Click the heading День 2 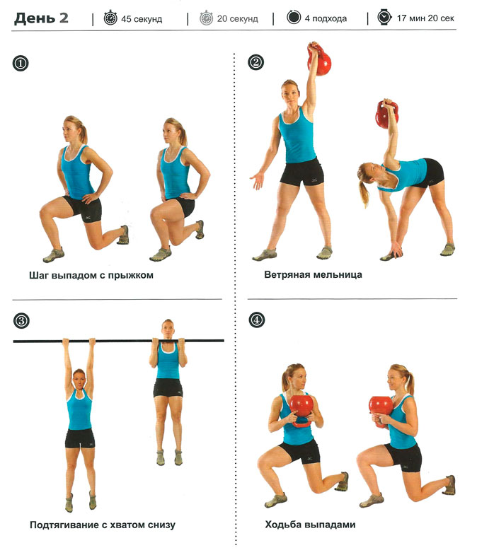41,18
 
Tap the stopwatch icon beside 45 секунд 110,18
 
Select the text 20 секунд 237,18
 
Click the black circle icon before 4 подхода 294,17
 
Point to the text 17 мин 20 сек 425,18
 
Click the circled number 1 21,64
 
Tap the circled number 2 256,62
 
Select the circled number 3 21,321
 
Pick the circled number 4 257,320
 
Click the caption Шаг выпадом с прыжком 91,275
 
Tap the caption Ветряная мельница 313,274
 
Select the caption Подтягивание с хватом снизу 103,525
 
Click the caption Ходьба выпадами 310,524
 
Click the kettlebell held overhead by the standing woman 319,59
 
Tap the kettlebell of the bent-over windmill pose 386,115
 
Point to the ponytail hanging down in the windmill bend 364,194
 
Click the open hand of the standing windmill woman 257,180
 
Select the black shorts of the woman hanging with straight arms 80,438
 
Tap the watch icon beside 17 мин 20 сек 384,17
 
